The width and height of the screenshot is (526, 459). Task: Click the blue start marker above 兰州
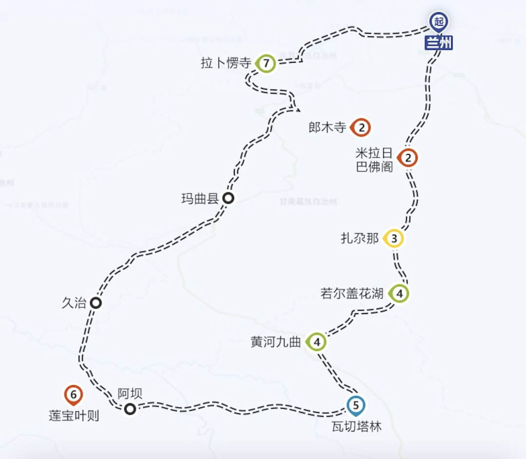click(x=439, y=22)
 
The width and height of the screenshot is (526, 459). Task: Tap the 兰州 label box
click(x=439, y=43)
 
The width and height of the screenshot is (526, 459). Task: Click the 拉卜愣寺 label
click(x=226, y=63)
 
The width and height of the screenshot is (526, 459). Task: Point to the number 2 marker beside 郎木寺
click(x=361, y=128)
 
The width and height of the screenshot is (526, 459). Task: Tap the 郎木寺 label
click(x=327, y=128)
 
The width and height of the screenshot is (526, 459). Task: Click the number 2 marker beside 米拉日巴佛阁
click(x=408, y=158)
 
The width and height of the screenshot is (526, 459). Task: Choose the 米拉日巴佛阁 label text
click(x=375, y=160)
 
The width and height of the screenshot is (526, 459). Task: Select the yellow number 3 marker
click(x=394, y=239)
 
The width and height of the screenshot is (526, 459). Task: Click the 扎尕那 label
click(x=359, y=239)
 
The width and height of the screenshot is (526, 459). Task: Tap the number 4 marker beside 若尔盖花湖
click(x=399, y=294)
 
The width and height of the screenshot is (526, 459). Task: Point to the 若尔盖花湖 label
click(x=352, y=294)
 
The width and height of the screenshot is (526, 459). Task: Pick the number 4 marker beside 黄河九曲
click(x=317, y=342)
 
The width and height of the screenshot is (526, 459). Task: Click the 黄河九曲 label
click(x=276, y=342)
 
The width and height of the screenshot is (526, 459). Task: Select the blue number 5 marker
click(x=356, y=404)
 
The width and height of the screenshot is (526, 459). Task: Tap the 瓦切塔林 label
click(x=356, y=427)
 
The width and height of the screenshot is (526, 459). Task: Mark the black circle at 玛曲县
click(x=228, y=198)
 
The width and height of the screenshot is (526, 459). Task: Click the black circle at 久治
click(x=96, y=303)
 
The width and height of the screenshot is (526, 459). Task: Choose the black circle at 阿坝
click(x=130, y=409)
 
